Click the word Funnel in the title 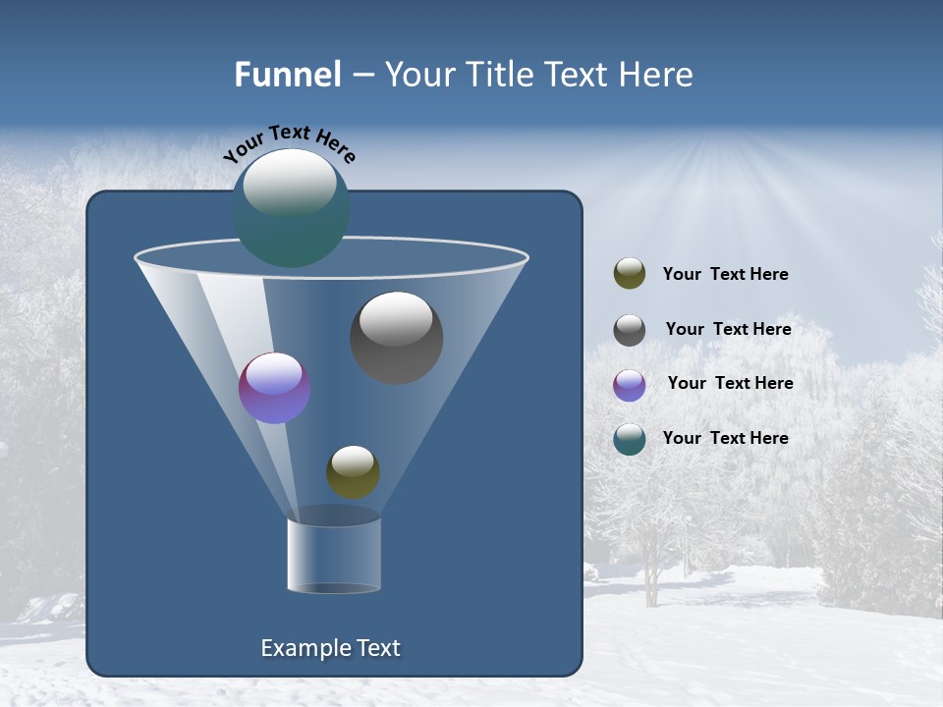pos(287,75)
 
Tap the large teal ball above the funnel pos(291,208)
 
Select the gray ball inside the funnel pos(396,339)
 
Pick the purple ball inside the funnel pos(274,388)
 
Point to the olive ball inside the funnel pos(353,472)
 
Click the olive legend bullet pos(630,274)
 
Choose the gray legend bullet pos(630,330)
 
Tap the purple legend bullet pos(630,385)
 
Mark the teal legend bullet pos(630,439)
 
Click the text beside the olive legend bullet pos(725,275)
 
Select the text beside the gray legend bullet pos(728,330)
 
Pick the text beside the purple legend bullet pos(730,384)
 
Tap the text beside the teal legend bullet pos(725,438)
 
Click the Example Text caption pos(330,648)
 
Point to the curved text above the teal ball pos(289,143)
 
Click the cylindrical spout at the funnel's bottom pos(333,556)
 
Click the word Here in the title pos(657,75)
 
